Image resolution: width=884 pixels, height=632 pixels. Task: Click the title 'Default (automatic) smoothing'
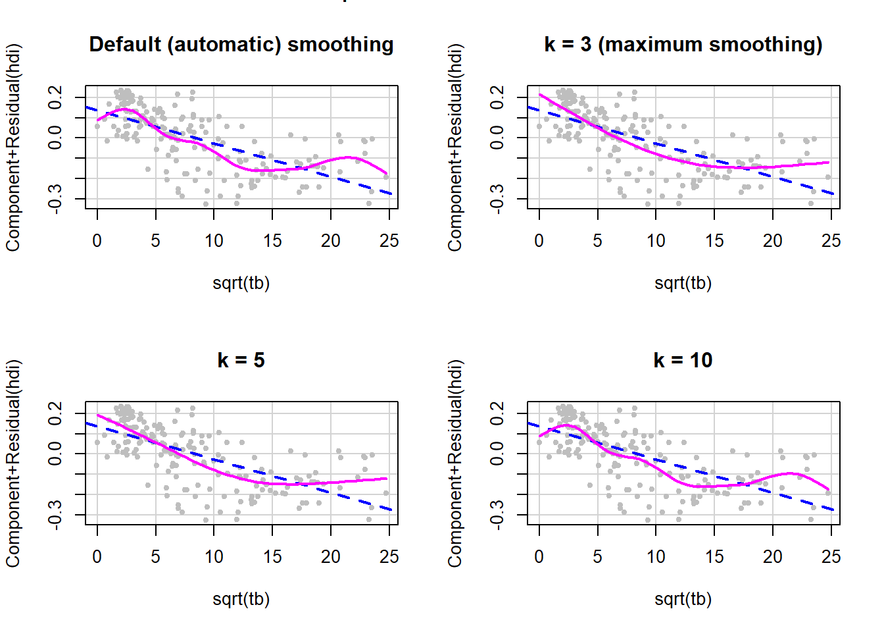[x=241, y=44]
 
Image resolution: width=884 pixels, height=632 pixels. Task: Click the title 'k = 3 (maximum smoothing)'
[x=683, y=44]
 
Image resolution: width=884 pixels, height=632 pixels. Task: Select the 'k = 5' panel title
[x=241, y=360]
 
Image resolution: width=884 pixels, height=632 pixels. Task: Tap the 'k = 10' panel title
[x=683, y=360]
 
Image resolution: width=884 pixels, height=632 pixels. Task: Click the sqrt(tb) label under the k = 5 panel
[x=241, y=599]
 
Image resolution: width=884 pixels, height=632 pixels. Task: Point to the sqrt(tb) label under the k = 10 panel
[x=683, y=599]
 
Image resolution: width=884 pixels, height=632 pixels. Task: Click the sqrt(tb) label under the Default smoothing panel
[x=241, y=283]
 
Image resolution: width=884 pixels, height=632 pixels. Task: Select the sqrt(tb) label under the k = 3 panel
[x=683, y=283]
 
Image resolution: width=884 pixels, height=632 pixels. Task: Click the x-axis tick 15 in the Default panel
[x=272, y=241]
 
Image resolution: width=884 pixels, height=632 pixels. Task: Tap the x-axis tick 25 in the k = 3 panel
[x=831, y=241]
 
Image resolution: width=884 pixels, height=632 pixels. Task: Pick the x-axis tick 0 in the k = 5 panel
[x=97, y=557]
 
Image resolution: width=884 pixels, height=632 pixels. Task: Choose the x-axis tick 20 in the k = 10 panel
[x=773, y=557]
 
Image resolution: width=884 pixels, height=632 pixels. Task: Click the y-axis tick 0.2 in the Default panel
[x=55, y=97]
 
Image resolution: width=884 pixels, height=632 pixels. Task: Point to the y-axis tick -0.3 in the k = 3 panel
[x=497, y=198]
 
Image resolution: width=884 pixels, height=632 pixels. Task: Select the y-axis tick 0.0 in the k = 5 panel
[x=55, y=453]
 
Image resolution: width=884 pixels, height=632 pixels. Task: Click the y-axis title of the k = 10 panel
[x=455, y=463]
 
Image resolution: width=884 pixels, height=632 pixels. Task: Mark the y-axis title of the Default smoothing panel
[x=13, y=147]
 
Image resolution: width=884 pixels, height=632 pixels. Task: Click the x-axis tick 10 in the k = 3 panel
[x=656, y=241]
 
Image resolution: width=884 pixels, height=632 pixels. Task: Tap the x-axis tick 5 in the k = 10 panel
[x=597, y=557]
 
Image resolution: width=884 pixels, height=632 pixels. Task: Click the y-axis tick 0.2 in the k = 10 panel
[x=497, y=413]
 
